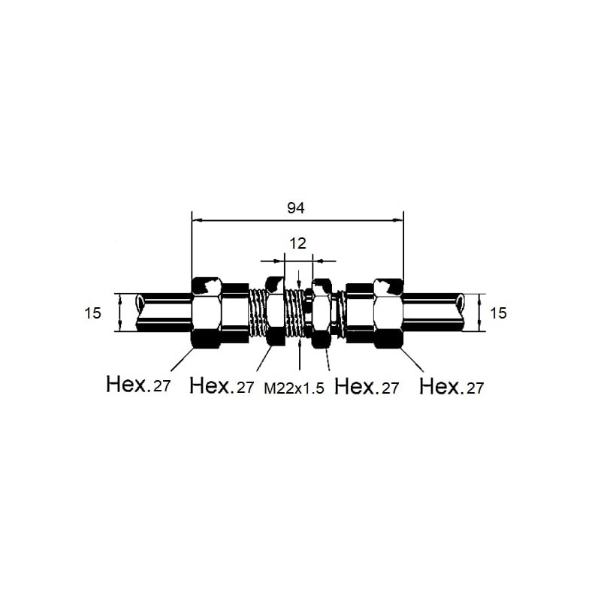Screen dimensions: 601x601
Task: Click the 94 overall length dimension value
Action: pos(296,208)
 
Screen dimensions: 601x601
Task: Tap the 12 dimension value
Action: pos(297,243)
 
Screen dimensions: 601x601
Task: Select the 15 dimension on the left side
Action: pos(92,313)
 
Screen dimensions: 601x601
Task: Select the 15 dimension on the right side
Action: pos(498,313)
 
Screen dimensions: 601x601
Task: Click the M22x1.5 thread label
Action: pos(294,388)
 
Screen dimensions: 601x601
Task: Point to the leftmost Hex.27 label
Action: pos(138,384)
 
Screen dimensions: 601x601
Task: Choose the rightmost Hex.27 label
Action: pos(452,387)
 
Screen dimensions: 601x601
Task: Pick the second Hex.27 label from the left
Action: pos(222,386)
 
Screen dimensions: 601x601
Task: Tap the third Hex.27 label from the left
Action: pos(367,386)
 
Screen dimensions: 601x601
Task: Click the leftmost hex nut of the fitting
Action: pos(206,313)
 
